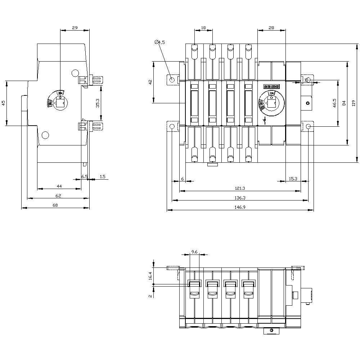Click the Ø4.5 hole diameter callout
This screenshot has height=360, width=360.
coord(159,42)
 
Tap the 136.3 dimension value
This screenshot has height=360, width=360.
coord(240,198)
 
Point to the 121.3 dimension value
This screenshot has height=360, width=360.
coord(240,188)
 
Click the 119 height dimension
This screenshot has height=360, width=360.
coord(354,103)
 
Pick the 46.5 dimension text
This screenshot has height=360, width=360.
coord(334,103)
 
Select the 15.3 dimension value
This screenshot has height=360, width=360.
coord(293,178)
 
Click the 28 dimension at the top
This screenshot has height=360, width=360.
coord(271,28)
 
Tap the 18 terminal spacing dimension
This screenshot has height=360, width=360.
coord(203,28)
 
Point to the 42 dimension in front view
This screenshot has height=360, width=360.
coord(150,82)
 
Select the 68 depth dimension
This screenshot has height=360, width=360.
coord(55,205)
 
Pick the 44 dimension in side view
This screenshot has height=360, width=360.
coord(59,186)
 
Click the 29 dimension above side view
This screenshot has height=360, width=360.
coord(75,28)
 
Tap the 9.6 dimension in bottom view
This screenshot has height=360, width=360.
coord(194,252)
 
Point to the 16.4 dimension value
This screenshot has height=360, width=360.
coord(150,276)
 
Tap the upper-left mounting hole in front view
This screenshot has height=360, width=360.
coord(172,80)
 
